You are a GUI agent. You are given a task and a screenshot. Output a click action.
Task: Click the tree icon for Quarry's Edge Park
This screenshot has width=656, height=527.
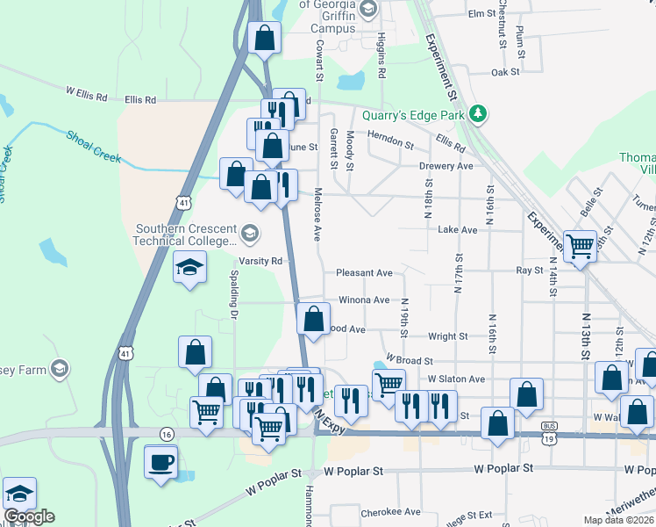coord(478,113)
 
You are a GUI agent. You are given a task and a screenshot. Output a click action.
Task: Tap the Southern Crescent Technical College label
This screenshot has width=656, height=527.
coord(186,235)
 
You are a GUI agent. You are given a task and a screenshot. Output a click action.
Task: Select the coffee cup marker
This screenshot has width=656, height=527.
coord(160,463)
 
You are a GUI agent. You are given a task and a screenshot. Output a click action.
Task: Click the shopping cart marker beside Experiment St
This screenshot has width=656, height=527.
coord(580,247)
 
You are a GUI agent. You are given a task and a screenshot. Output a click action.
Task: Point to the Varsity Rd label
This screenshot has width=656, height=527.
coord(260,261)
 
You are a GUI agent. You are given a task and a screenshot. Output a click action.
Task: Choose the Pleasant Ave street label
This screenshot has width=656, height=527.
coord(364,273)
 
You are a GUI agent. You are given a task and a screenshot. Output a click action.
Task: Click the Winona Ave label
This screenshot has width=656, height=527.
coord(364,300)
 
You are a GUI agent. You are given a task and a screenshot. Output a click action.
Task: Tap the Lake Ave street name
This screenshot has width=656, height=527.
coord(457,229)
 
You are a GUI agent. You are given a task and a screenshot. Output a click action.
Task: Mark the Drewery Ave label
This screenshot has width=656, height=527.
coord(446,166)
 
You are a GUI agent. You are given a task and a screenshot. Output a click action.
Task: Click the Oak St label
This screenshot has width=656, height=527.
coord(506,72)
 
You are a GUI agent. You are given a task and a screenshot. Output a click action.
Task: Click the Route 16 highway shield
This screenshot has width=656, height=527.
coord(166,433)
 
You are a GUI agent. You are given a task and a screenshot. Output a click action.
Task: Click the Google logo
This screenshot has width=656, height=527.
coord(30,516)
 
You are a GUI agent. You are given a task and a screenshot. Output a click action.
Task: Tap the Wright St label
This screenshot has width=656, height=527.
coord(447,336)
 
